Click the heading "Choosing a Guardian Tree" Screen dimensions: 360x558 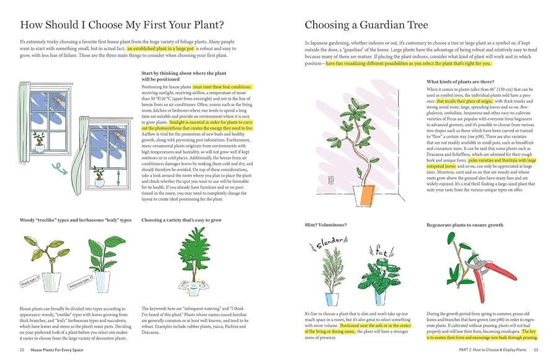click(x=366, y=25)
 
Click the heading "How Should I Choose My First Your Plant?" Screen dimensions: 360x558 click(x=122, y=25)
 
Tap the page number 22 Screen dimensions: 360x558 click(x=22, y=350)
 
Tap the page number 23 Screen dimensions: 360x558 click(x=536, y=350)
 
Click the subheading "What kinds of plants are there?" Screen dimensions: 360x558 click(x=460, y=82)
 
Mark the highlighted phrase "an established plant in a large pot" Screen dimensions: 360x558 click(x=161, y=48)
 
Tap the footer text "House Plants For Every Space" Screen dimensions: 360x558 click(x=60, y=350)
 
